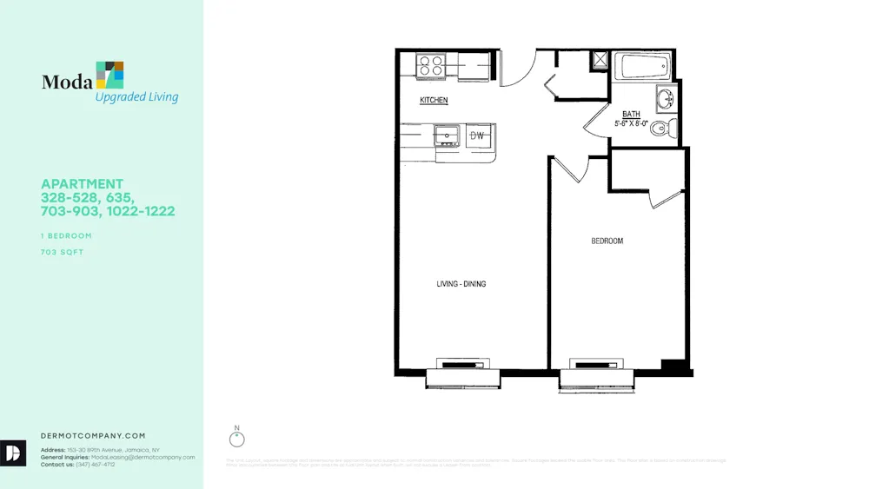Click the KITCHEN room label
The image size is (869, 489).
pos(434,101)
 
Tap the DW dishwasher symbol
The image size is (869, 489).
pos(477,136)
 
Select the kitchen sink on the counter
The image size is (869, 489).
pos(448,136)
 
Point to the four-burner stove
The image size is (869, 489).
pos(430,65)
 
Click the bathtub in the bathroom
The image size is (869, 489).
pos(642,66)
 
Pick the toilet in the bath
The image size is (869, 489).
pos(662,130)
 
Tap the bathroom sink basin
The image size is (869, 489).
pos(666,98)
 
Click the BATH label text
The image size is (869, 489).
pos(631,115)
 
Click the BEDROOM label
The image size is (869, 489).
pos(607,241)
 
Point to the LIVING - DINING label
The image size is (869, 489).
pos(461,284)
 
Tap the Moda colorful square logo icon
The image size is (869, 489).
pos(109,76)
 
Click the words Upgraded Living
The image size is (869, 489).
pos(136,97)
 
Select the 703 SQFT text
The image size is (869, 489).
pos(62,253)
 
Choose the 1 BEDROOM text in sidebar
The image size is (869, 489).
pos(66,236)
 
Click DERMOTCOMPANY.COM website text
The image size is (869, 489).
pos(93,436)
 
